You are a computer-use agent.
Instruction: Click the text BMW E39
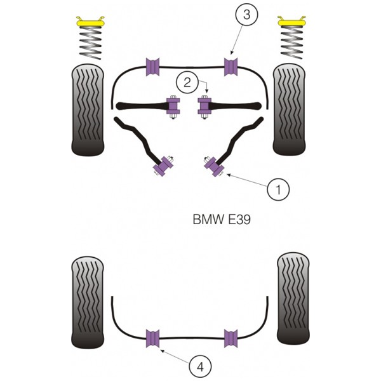tap(222, 220)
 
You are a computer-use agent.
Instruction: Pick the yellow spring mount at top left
tap(90, 22)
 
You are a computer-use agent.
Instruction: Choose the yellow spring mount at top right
tap(291, 22)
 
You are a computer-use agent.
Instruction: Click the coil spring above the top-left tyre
tap(90, 43)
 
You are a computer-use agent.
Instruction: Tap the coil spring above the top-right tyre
tap(291, 42)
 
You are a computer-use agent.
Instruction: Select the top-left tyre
tap(88, 110)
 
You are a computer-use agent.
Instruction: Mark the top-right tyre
tap(289, 110)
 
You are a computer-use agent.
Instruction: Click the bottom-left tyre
tap(88, 302)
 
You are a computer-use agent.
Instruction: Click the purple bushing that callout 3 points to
tap(231, 67)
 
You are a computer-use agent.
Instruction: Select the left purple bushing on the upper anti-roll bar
tap(152, 67)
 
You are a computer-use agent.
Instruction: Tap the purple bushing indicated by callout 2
tap(204, 106)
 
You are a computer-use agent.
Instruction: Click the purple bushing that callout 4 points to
tap(152, 338)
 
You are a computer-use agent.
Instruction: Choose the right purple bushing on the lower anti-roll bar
tap(231, 338)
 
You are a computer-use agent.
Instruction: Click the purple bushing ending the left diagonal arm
tap(163, 166)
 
